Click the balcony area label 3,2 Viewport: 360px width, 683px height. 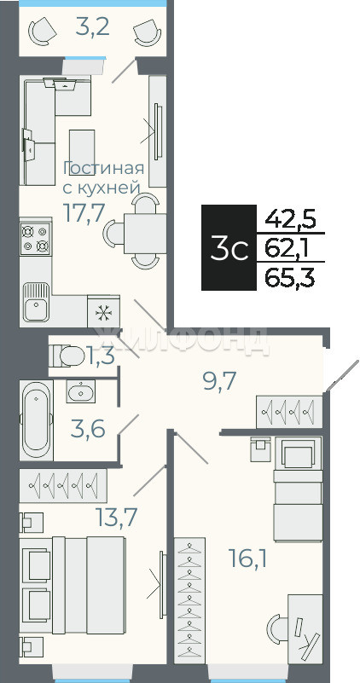coord(92,27)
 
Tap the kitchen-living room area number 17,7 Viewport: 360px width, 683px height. coord(84,212)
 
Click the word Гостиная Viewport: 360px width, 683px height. coord(104,167)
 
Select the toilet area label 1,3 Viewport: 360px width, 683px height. coord(101,356)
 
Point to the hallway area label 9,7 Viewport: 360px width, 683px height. coord(219,381)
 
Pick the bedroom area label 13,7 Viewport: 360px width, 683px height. coord(117,517)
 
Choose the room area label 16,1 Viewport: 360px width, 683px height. coord(248,559)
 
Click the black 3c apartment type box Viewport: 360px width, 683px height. coord(229,247)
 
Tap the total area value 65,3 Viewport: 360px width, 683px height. coord(289,278)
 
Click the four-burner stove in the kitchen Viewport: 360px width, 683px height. coord(35,238)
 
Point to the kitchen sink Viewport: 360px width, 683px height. coord(36,303)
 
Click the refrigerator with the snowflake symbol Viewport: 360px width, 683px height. coord(104,311)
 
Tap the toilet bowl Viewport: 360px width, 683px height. coord(67,356)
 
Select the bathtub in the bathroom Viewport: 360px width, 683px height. coord(36,420)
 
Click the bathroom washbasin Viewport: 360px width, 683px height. coord(81,391)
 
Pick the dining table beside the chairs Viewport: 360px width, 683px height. coord(145,234)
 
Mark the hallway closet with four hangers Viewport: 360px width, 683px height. coord(289,412)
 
